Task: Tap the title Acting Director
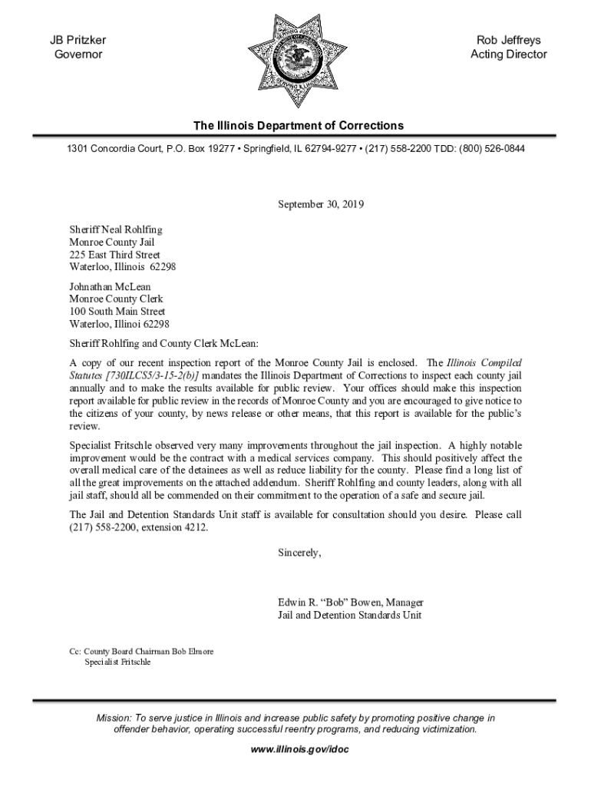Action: pyautogui.click(x=508, y=54)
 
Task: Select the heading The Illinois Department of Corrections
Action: pyautogui.click(x=298, y=126)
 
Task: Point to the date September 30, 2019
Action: pyautogui.click(x=320, y=205)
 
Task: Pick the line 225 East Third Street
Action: pyautogui.click(x=114, y=255)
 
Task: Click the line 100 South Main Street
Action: pyautogui.click(x=117, y=312)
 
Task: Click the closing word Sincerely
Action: pyautogui.click(x=299, y=553)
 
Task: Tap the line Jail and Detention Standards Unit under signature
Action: pyautogui.click(x=349, y=615)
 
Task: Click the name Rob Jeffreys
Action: pyautogui.click(x=508, y=40)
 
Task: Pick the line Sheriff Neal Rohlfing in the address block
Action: pyautogui.click(x=116, y=230)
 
